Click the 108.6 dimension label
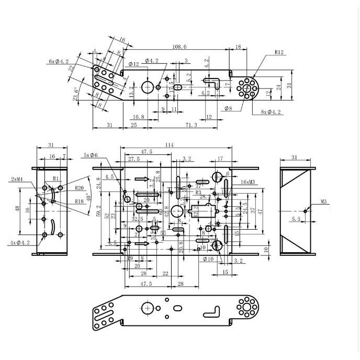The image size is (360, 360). [x=179, y=47]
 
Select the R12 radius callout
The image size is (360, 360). [x=278, y=52]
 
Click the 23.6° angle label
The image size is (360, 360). [x=76, y=93]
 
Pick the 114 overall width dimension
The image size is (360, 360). [x=169, y=145]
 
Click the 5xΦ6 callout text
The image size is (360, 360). [x=90, y=155]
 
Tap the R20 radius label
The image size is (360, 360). [x=79, y=187]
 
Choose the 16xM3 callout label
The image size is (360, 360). [x=248, y=182]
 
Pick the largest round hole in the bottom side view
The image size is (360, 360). [x=148, y=309]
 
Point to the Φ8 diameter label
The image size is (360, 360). [x=228, y=109]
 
